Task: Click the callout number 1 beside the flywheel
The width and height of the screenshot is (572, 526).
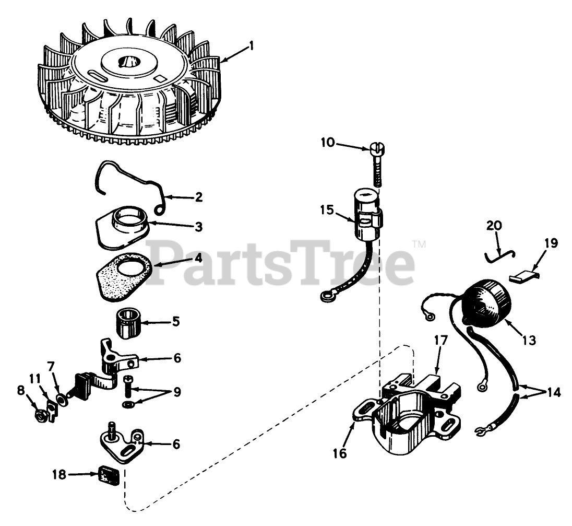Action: tap(251, 46)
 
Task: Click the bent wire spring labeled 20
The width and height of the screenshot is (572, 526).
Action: tap(500, 253)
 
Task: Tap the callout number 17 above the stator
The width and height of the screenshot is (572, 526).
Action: tap(440, 341)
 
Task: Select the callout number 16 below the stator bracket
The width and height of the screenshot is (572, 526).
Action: tap(340, 453)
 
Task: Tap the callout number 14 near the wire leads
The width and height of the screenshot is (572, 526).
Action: tap(553, 393)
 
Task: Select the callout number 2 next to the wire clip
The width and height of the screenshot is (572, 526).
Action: tap(198, 197)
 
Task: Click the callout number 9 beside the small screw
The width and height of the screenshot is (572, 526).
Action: tap(177, 392)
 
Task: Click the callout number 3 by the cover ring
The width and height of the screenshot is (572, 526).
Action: tap(198, 227)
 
